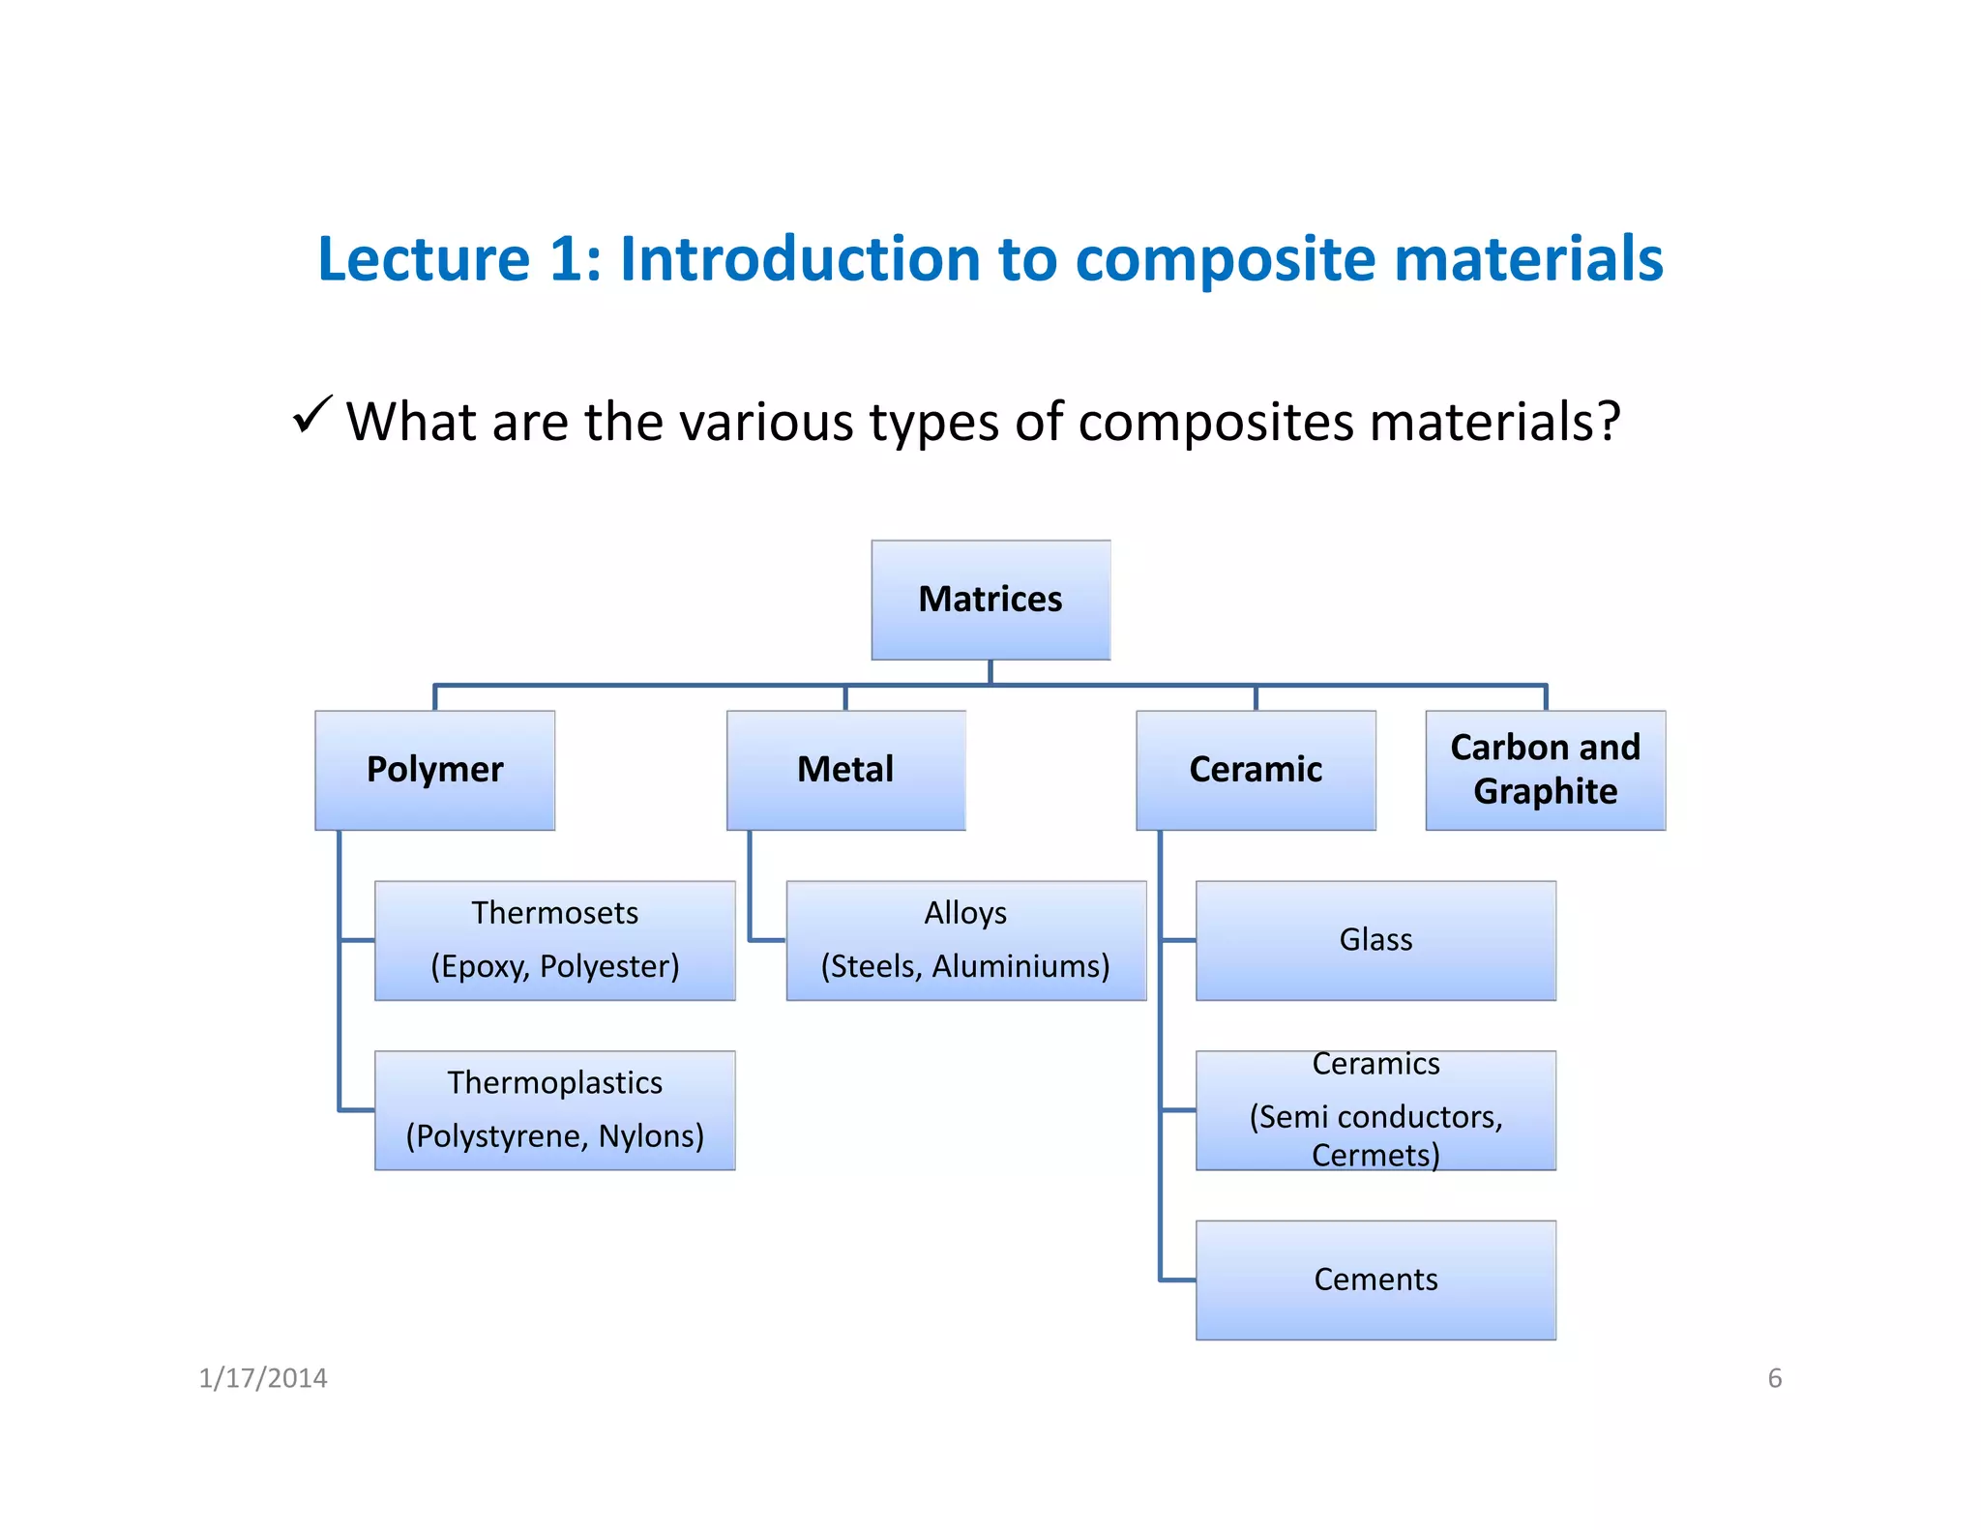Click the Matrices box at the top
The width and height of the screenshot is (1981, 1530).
[x=990, y=600]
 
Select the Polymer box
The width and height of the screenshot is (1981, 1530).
[x=434, y=770]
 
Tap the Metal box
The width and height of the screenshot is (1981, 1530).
[x=845, y=770]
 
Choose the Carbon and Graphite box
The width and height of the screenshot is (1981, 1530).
[x=1545, y=770]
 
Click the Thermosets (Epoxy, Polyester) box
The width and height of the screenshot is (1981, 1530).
[x=554, y=940]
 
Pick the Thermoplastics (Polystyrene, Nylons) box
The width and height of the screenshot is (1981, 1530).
[x=554, y=1110]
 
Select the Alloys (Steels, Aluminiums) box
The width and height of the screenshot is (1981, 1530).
[x=965, y=940]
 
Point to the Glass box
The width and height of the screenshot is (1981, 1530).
[x=1375, y=940]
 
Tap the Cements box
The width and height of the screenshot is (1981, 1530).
[x=1375, y=1280]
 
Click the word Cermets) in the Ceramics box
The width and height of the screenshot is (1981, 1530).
[x=1375, y=1155]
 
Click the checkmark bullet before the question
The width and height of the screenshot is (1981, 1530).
[x=312, y=415]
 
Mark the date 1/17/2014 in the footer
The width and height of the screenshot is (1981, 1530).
[x=263, y=1378]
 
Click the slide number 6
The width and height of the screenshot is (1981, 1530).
[x=1774, y=1378]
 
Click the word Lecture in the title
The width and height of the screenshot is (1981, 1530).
[x=424, y=259]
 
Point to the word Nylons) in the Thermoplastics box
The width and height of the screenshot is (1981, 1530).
[x=651, y=1135]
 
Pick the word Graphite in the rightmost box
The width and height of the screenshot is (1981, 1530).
[x=1545, y=792]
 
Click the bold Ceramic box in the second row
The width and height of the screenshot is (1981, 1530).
[x=1256, y=770]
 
